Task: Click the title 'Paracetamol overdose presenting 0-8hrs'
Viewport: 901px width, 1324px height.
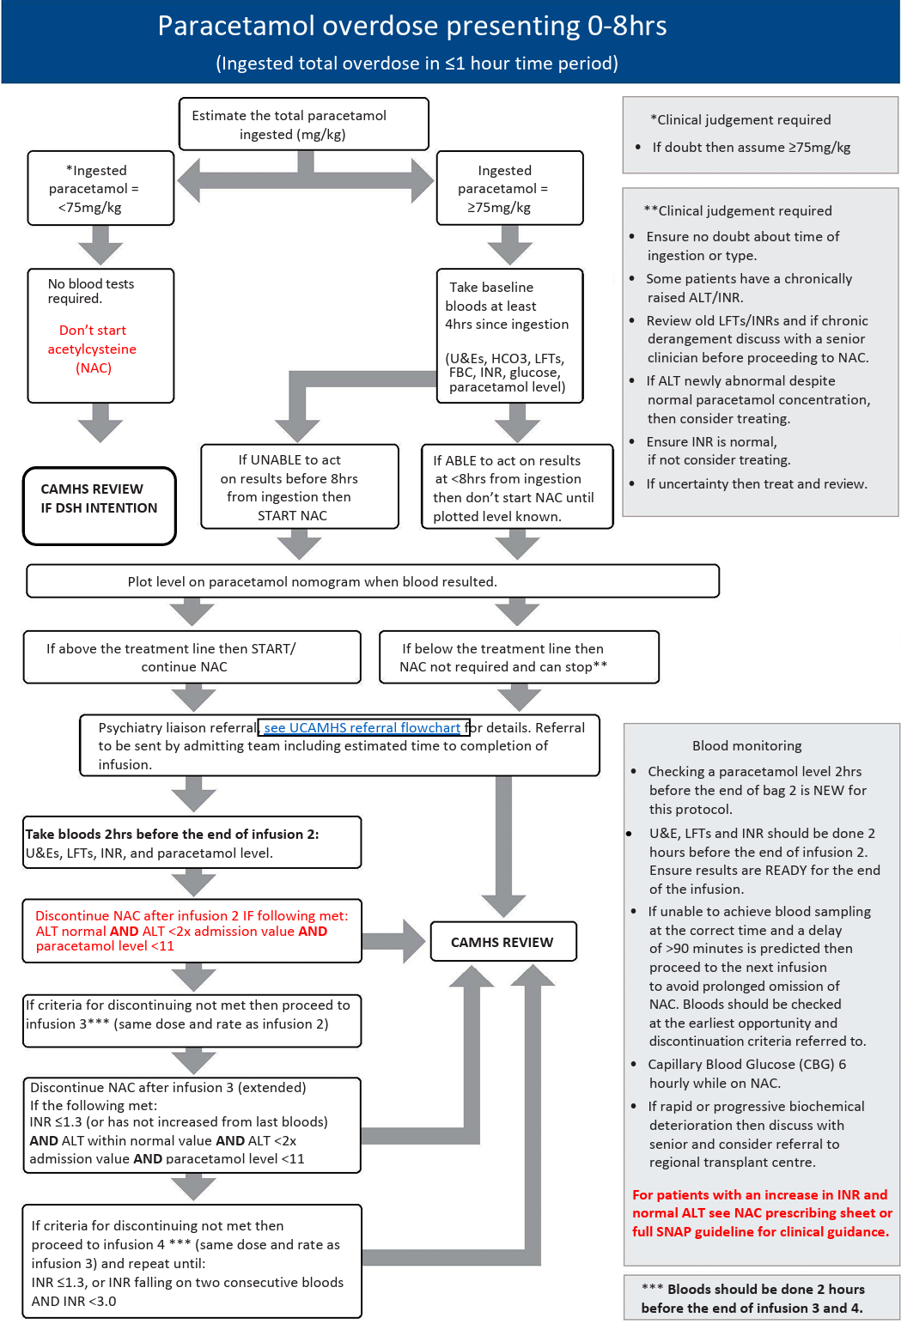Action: (412, 27)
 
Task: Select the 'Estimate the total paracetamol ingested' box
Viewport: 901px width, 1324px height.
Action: (303, 125)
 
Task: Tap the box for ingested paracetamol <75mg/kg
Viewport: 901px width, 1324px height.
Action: (100, 189)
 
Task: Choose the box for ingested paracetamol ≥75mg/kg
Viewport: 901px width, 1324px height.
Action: (509, 189)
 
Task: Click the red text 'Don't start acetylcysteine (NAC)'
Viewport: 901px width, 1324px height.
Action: (93, 349)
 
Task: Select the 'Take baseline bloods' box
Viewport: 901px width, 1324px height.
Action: (509, 336)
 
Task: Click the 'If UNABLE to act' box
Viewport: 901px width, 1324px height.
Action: (299, 487)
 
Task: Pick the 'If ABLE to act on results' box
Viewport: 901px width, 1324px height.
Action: (517, 488)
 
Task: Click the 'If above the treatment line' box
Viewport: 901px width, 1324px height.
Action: (192, 658)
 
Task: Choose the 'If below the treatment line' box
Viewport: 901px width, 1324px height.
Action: (519, 658)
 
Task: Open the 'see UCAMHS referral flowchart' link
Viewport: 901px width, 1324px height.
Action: (362, 728)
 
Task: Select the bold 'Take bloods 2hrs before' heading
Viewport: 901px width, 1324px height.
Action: (172, 835)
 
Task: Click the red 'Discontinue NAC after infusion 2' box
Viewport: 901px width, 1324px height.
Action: (192, 931)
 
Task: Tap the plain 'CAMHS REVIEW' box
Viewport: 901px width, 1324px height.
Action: (502, 942)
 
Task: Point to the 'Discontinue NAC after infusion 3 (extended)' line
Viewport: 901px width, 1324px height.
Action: (168, 1088)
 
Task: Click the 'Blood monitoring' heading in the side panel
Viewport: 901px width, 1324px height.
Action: (746, 746)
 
